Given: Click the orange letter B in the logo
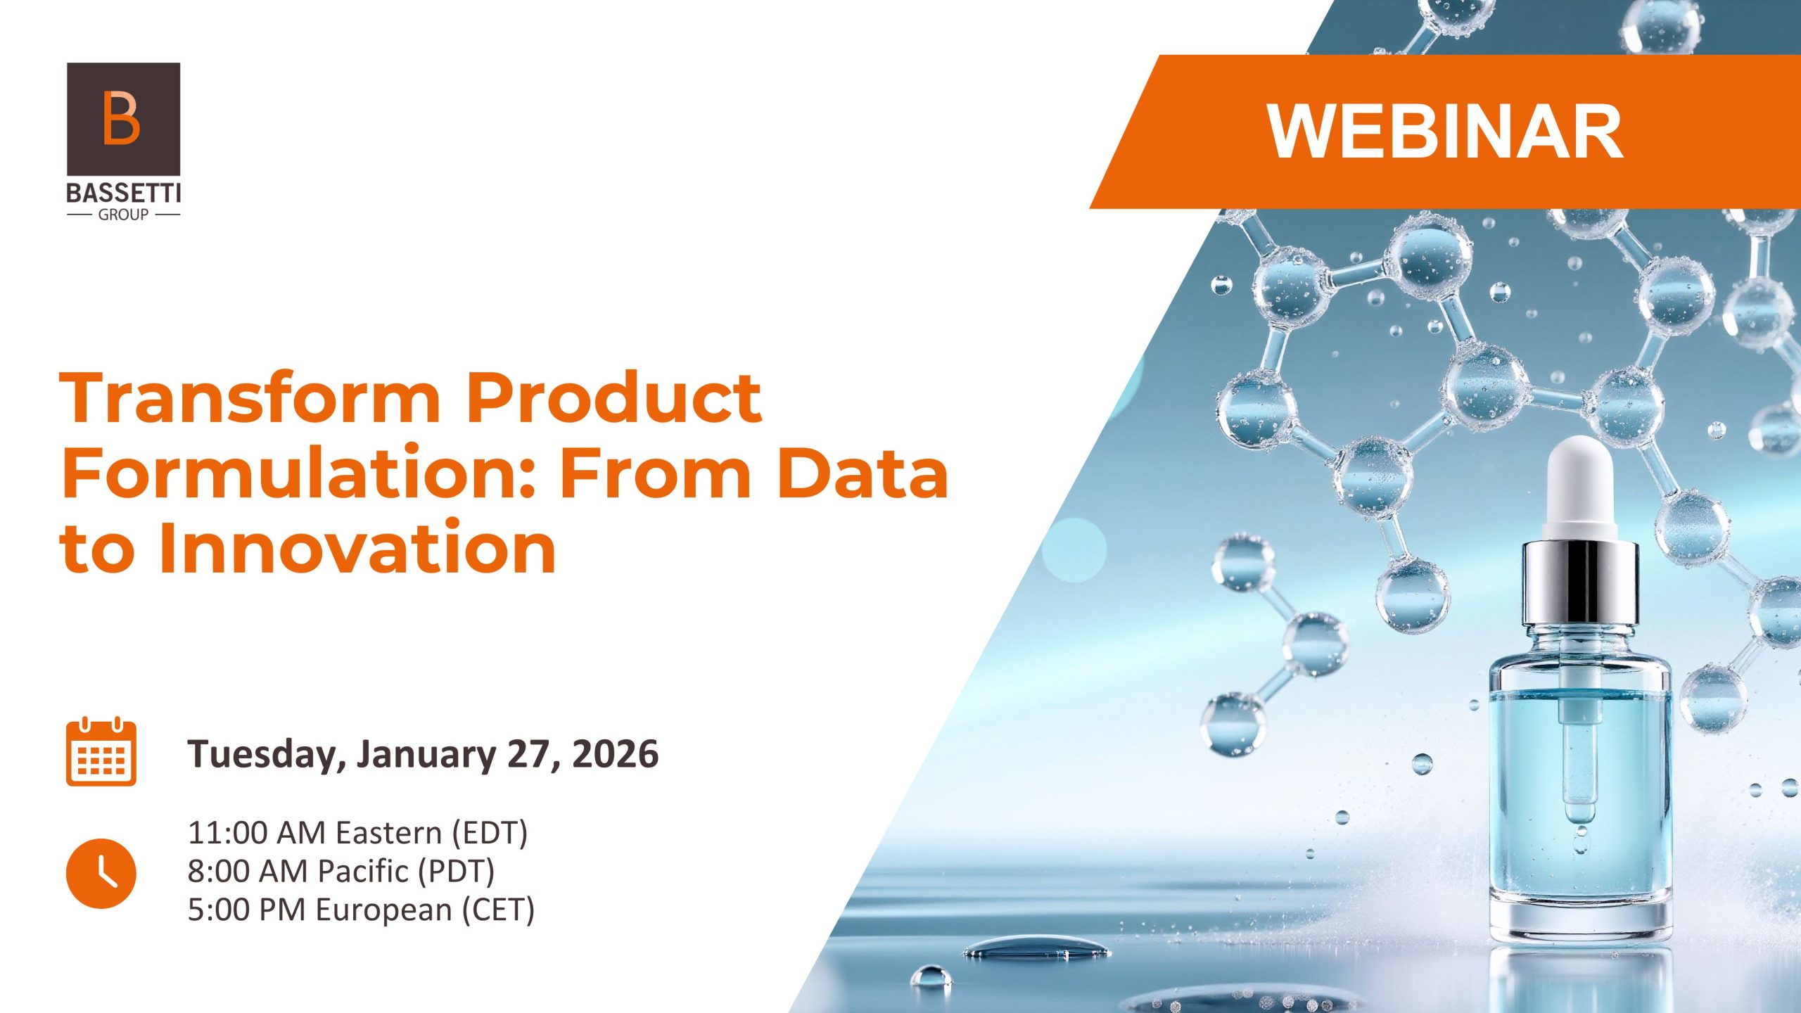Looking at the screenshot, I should click(x=121, y=117).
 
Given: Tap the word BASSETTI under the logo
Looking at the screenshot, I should click(x=124, y=193).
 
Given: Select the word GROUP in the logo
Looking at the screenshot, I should click(x=124, y=215).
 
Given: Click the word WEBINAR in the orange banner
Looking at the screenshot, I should click(x=1445, y=132).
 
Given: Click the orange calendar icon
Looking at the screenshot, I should click(x=101, y=752).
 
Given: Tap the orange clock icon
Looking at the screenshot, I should click(x=101, y=873).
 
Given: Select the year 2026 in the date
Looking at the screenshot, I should click(x=616, y=753).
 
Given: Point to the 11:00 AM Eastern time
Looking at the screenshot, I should click(x=357, y=833).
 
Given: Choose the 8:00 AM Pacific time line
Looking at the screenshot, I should click(x=341, y=871).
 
